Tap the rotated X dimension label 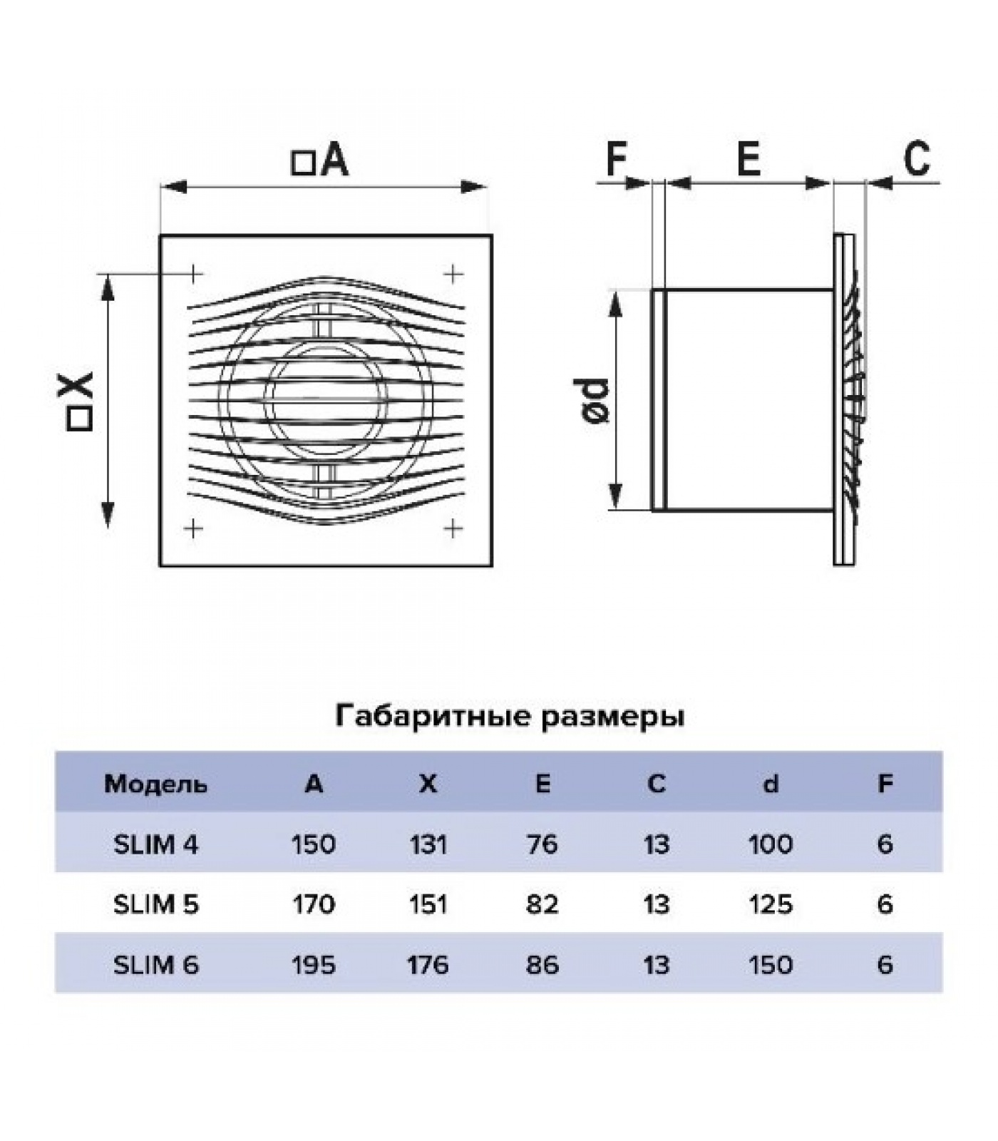[79, 401]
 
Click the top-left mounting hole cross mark [194, 273]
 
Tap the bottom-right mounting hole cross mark [453, 528]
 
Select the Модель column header [155, 784]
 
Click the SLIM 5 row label [155, 904]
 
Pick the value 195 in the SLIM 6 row [314, 965]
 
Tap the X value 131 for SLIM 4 [428, 844]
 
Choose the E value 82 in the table [542, 904]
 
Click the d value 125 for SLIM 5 [771, 904]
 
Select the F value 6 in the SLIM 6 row [885, 965]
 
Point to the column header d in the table [771, 784]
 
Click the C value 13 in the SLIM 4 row [656, 844]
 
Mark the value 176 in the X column [428, 965]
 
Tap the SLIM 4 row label [155, 844]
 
